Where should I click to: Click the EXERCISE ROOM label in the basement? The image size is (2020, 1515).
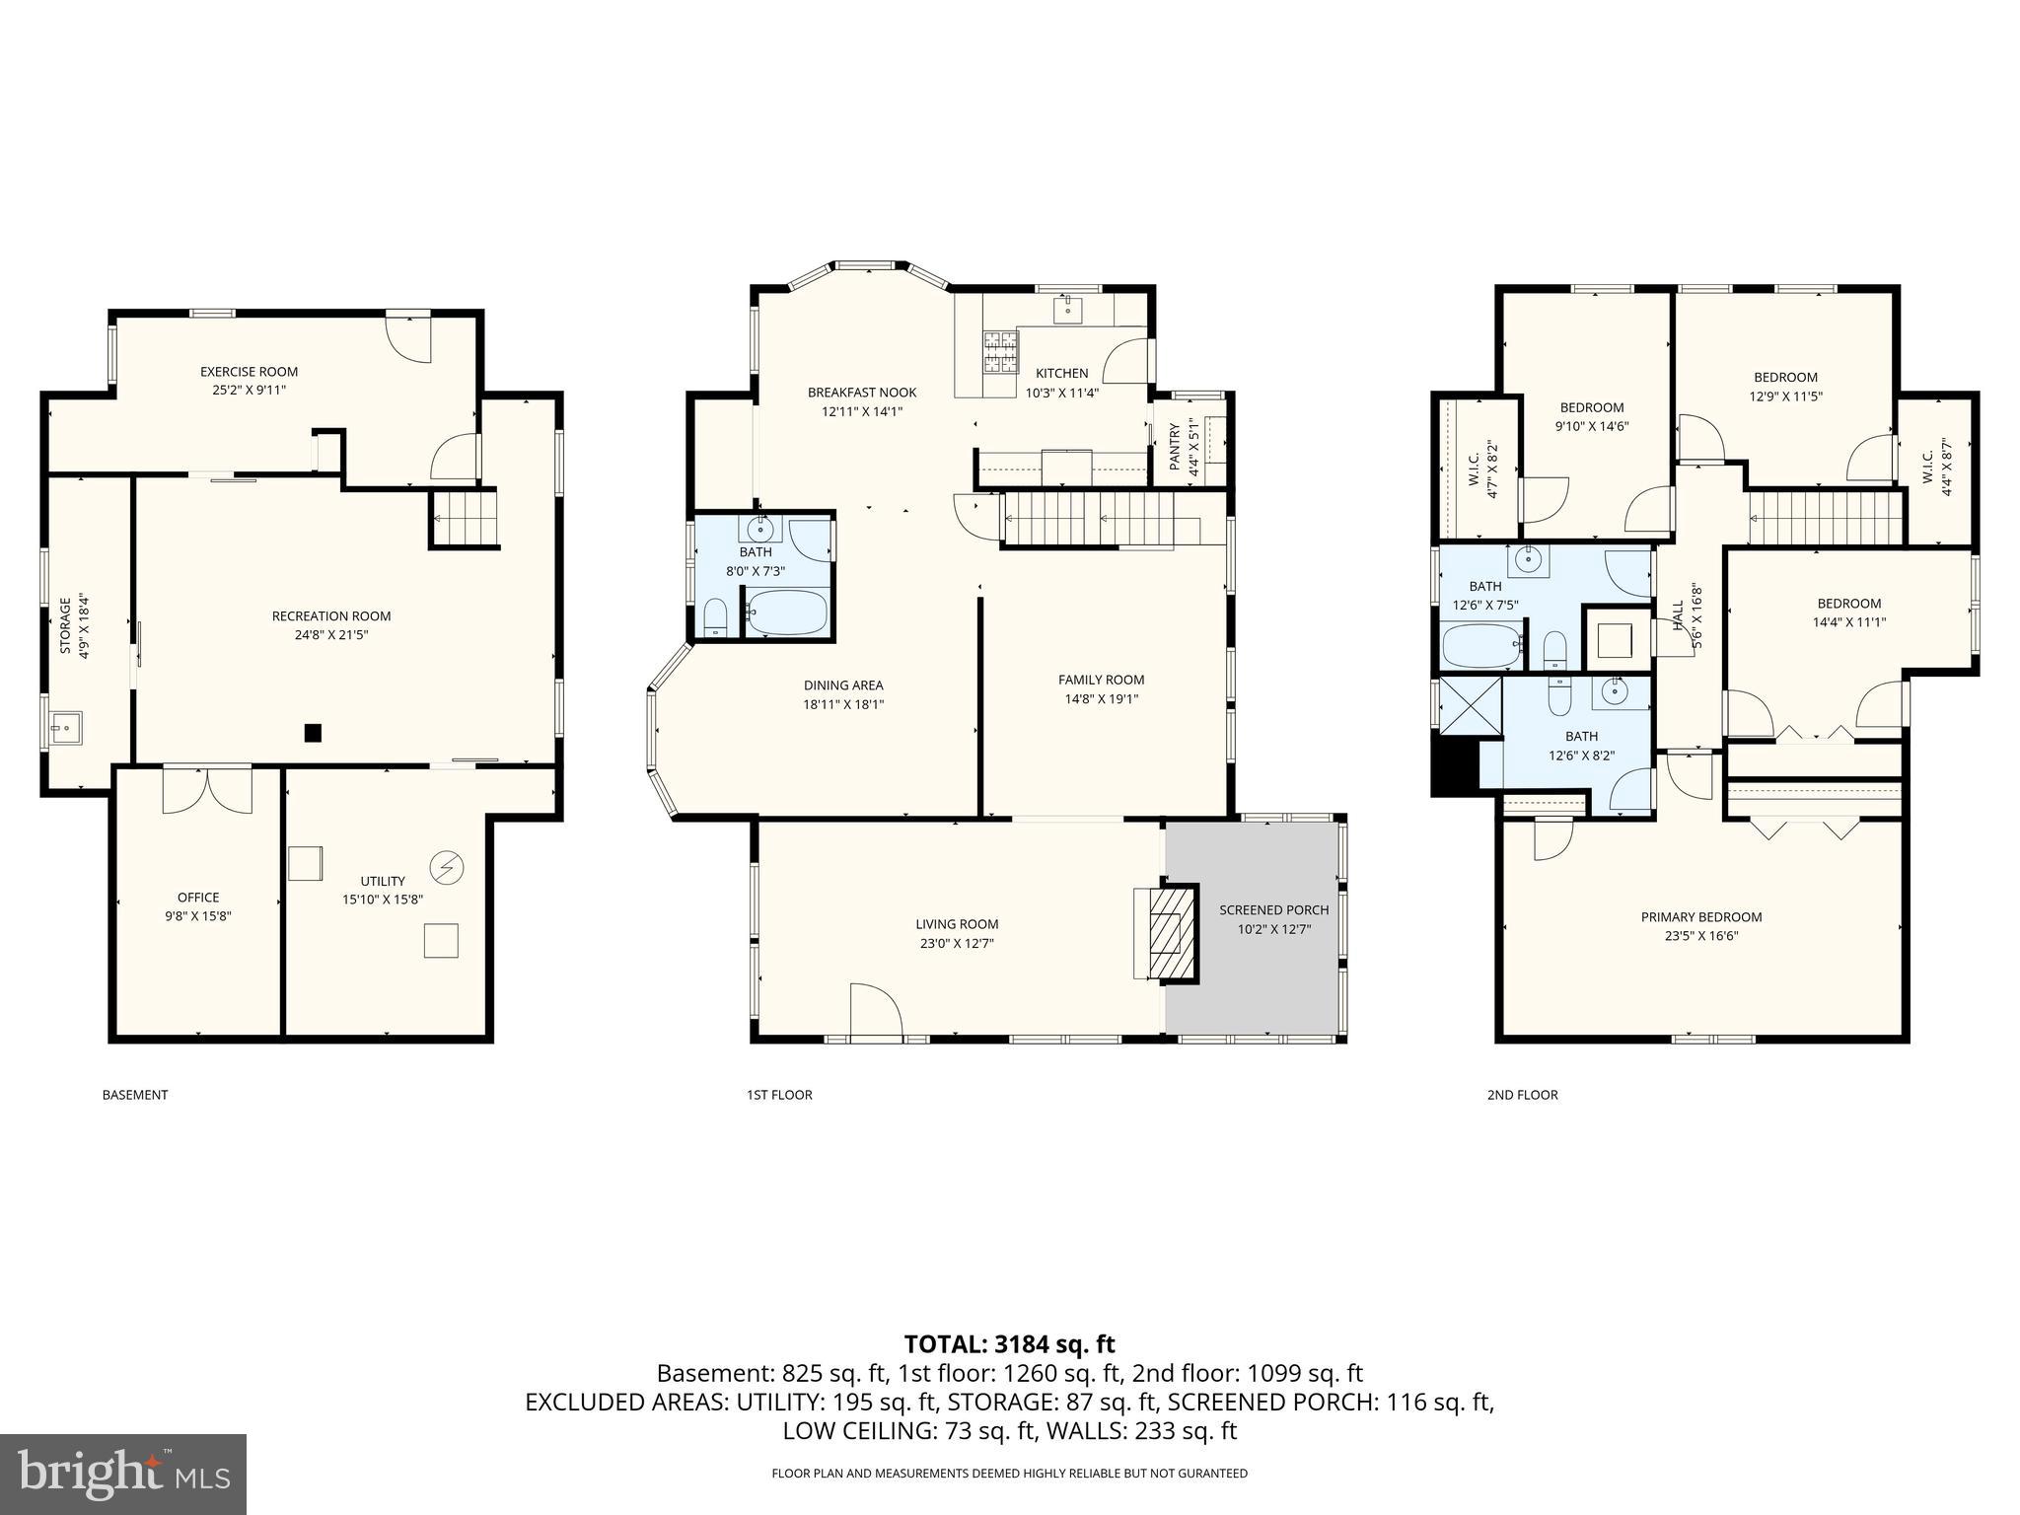(x=249, y=372)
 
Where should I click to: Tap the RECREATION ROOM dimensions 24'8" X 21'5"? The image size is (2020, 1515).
(x=331, y=635)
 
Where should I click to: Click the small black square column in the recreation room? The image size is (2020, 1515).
(x=313, y=733)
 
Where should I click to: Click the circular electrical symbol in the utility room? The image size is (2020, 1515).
(x=447, y=867)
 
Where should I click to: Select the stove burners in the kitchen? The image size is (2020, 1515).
(x=998, y=353)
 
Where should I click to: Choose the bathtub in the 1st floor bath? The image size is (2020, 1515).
(x=786, y=613)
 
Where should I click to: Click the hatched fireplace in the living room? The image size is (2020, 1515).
(x=1168, y=931)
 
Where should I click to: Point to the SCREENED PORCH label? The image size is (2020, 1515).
(x=1273, y=909)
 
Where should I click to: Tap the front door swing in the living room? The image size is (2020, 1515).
(x=875, y=1011)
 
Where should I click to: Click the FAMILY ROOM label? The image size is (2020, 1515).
(x=1101, y=680)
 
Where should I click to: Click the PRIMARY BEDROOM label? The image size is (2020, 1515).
(x=1700, y=916)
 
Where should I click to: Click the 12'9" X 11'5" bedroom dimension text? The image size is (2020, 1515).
(x=1785, y=396)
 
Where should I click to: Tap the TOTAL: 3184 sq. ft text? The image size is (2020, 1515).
(x=1009, y=1343)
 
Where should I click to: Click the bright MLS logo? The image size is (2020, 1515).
(x=123, y=1474)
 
